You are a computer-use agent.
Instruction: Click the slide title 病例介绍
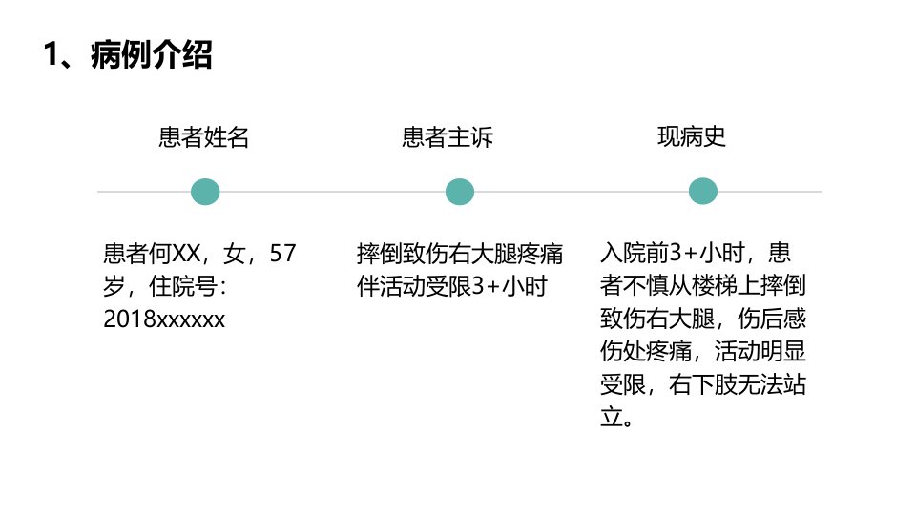tap(152, 54)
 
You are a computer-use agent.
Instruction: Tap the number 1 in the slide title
tap(52, 54)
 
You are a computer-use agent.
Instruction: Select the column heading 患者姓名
tap(204, 137)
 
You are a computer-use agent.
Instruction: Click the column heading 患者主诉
tap(448, 137)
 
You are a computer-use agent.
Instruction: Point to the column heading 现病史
tap(692, 137)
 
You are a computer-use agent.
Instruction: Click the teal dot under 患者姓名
tap(205, 192)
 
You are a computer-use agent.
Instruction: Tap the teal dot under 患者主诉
tap(460, 192)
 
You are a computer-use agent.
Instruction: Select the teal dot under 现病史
tap(703, 191)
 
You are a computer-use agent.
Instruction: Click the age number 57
tap(282, 254)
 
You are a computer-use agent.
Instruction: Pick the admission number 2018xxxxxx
tap(164, 319)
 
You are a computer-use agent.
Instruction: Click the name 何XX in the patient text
tap(175, 254)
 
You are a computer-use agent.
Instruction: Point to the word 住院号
tap(183, 286)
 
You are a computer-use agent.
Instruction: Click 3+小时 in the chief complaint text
tap(510, 286)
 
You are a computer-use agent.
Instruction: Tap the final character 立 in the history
tap(612, 418)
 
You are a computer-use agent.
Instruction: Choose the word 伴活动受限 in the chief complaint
tap(413, 286)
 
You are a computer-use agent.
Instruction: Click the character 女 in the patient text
tap(235, 254)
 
